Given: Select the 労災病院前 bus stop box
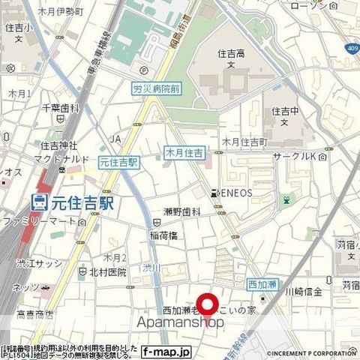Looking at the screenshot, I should coord(156,88).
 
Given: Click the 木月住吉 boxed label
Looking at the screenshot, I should coord(183,154).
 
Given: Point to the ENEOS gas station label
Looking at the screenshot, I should coord(233,193).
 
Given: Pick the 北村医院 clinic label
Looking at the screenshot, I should coord(108,271).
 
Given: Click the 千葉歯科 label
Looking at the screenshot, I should coord(61,109).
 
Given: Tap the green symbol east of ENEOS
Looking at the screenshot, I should coord(286,200).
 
